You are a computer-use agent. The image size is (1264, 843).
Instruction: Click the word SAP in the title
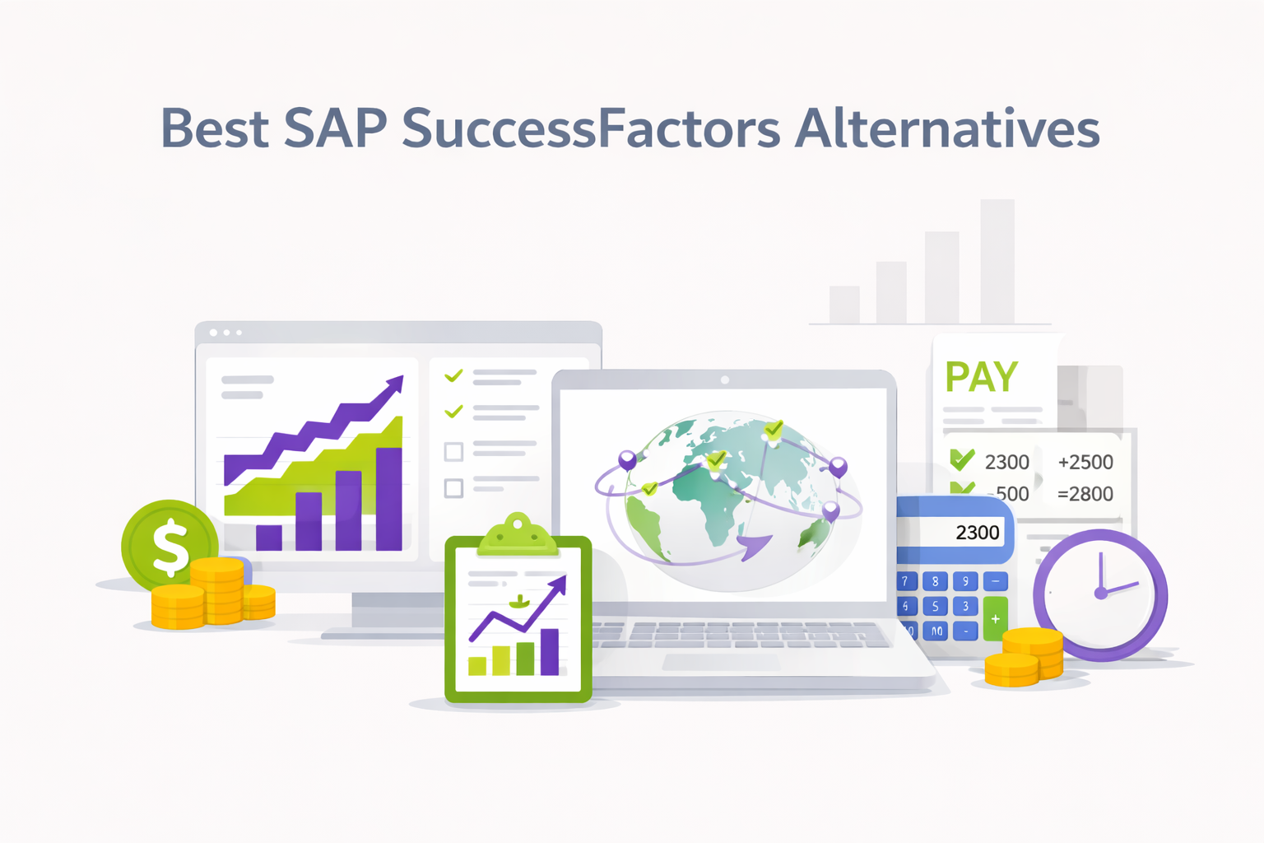pos(335,129)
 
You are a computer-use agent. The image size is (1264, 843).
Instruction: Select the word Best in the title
pos(215,129)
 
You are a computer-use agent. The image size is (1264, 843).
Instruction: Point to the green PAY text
pos(981,378)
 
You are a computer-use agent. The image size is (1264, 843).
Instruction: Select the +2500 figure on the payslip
pos(1085,463)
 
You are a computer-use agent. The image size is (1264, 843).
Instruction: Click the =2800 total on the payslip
pos(1085,494)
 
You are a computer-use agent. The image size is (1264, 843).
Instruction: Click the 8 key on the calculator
pos(935,581)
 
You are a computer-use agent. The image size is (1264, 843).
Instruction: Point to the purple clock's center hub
pos(1100,593)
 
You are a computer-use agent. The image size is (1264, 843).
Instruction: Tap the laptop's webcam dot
pos(725,380)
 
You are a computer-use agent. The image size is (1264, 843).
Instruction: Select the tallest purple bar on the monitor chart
pos(388,499)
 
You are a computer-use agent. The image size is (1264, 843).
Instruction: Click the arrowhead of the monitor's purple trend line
pos(396,384)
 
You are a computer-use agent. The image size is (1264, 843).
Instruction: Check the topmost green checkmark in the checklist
pos(453,376)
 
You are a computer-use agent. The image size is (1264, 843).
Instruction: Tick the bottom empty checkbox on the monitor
pos(453,488)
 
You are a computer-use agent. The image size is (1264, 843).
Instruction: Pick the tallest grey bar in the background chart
pos(997,261)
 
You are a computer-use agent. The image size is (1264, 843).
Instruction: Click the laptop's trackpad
pos(722,662)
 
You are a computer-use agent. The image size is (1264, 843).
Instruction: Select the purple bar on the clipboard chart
pos(549,651)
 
